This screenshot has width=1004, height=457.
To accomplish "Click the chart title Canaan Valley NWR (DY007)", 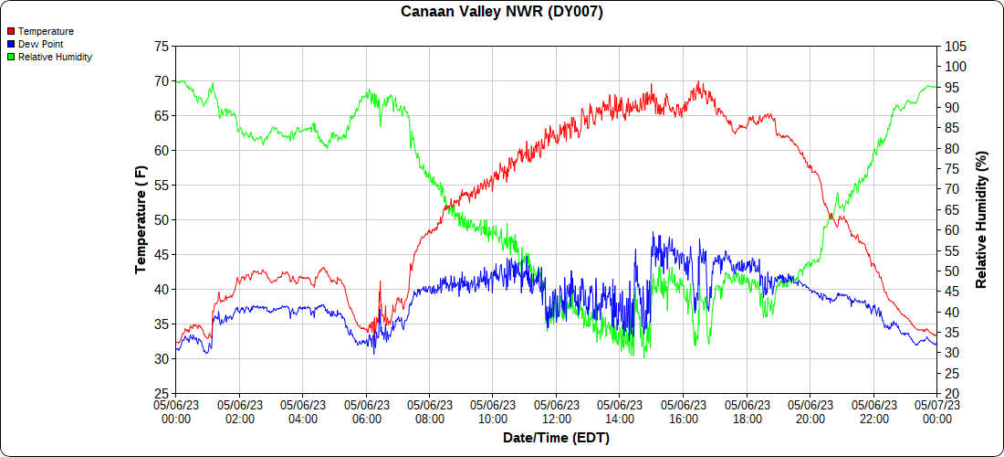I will point(502,12).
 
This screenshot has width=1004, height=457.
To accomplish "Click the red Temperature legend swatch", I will point(11,31).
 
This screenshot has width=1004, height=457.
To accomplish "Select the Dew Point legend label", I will point(41,44).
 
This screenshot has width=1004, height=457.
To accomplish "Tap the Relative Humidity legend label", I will point(55,57).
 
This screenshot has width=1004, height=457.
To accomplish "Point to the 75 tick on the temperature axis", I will point(162,47).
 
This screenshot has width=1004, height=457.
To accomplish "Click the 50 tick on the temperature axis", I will point(162,220).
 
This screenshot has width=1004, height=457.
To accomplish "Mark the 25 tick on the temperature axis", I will point(162,394).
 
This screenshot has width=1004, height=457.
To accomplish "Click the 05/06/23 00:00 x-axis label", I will point(176,412).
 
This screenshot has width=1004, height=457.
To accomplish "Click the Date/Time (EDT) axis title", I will point(556,439).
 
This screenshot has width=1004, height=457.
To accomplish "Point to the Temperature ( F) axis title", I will point(141,220).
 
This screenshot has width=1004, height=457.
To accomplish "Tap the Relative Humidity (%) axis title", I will point(982,220).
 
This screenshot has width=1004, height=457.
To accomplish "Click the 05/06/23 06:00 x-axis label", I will point(366,412).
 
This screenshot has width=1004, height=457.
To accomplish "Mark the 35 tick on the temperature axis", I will point(162,324).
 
